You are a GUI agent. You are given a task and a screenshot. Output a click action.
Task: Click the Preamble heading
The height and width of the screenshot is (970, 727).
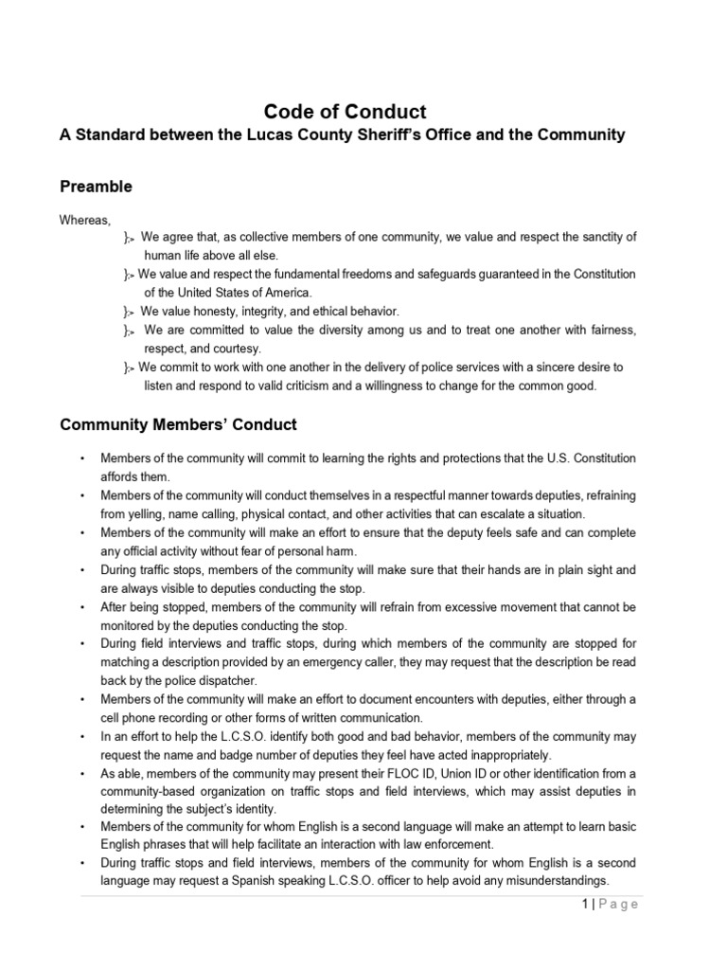96,187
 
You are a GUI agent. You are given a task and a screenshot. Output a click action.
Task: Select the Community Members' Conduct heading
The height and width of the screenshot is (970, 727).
179,424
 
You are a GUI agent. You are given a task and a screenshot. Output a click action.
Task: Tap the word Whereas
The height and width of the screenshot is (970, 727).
85,219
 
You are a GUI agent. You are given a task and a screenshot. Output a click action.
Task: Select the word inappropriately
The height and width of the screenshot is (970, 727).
492,755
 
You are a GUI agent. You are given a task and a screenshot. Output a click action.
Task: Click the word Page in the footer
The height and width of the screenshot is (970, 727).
618,904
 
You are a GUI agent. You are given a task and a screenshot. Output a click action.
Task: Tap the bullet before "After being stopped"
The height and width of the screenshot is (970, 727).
83,606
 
